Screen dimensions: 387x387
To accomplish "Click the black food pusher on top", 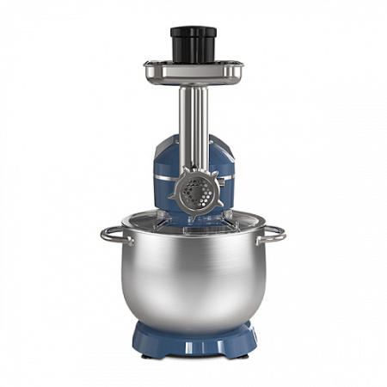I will [x=193, y=45].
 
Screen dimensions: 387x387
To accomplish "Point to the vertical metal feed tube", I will [x=193, y=120].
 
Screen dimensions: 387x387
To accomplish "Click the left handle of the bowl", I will [x=114, y=234].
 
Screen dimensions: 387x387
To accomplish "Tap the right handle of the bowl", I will [x=273, y=233].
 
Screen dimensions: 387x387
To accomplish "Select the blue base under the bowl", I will [x=194, y=340].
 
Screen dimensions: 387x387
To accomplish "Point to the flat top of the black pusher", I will [x=193, y=31].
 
